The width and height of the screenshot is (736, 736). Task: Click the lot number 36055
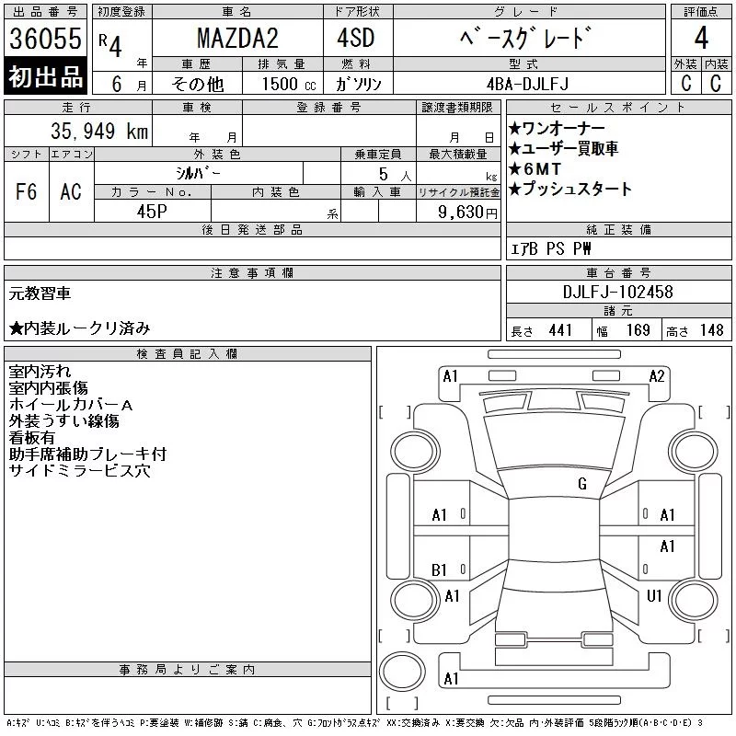pos(45,38)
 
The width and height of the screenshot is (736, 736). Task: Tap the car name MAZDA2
pos(237,38)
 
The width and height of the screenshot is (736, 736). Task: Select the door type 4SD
pos(356,38)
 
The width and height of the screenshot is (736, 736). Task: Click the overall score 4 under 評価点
pos(701,38)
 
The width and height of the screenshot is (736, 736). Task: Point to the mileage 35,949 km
pos(99,131)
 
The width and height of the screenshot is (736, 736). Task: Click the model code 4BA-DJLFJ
pos(527,84)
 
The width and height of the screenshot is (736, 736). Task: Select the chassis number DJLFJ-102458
pos(617,292)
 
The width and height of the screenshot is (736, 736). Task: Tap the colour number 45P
pos(152,212)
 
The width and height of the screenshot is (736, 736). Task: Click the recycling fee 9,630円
pos(467,213)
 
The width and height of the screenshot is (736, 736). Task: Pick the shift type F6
pos(27,191)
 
